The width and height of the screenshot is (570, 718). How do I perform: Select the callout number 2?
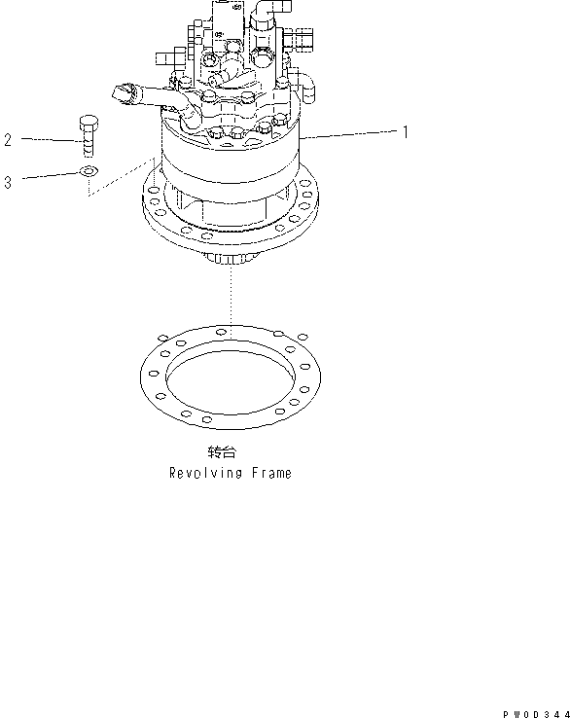coord(8,140)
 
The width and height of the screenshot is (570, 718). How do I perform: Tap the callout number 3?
coord(8,181)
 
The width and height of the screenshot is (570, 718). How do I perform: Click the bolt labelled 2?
coord(86,136)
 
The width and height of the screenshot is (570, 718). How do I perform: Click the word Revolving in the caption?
coord(201,473)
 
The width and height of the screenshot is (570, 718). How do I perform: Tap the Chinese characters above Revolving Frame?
coord(221,453)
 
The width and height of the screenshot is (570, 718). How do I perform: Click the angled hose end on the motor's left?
coord(125,93)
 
